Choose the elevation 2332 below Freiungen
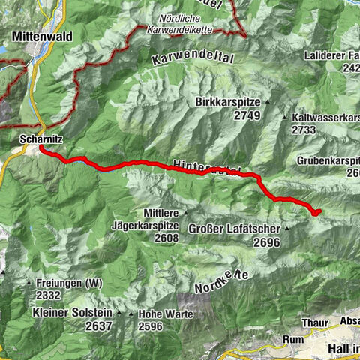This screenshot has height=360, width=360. [x=47, y=295]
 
